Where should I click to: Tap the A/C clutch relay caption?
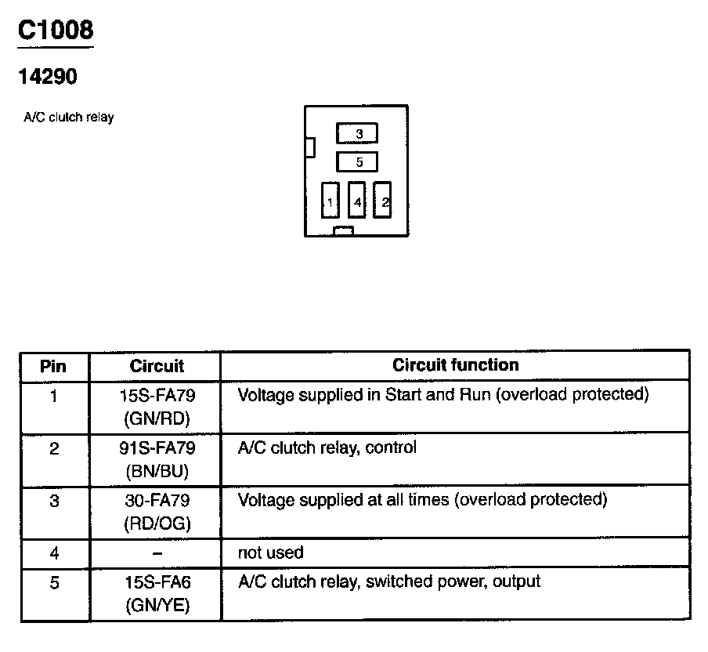click(x=69, y=118)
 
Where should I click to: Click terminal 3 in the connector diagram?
click(x=358, y=134)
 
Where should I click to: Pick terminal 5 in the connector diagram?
click(x=357, y=162)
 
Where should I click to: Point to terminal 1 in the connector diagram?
click(x=330, y=201)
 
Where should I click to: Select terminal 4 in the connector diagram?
click(x=356, y=201)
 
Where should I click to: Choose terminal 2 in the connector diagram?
click(x=382, y=200)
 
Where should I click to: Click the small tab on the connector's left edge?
click(x=310, y=147)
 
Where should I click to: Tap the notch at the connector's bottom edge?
click(x=343, y=231)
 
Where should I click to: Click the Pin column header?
click(x=53, y=366)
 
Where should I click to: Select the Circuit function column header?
click(x=455, y=365)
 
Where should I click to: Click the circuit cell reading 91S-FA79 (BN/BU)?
click(x=157, y=460)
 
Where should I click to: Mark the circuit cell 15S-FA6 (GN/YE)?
click(x=157, y=594)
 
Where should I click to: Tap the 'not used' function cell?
click(x=270, y=553)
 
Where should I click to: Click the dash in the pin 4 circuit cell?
click(x=157, y=553)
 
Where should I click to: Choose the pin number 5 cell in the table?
click(x=53, y=583)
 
